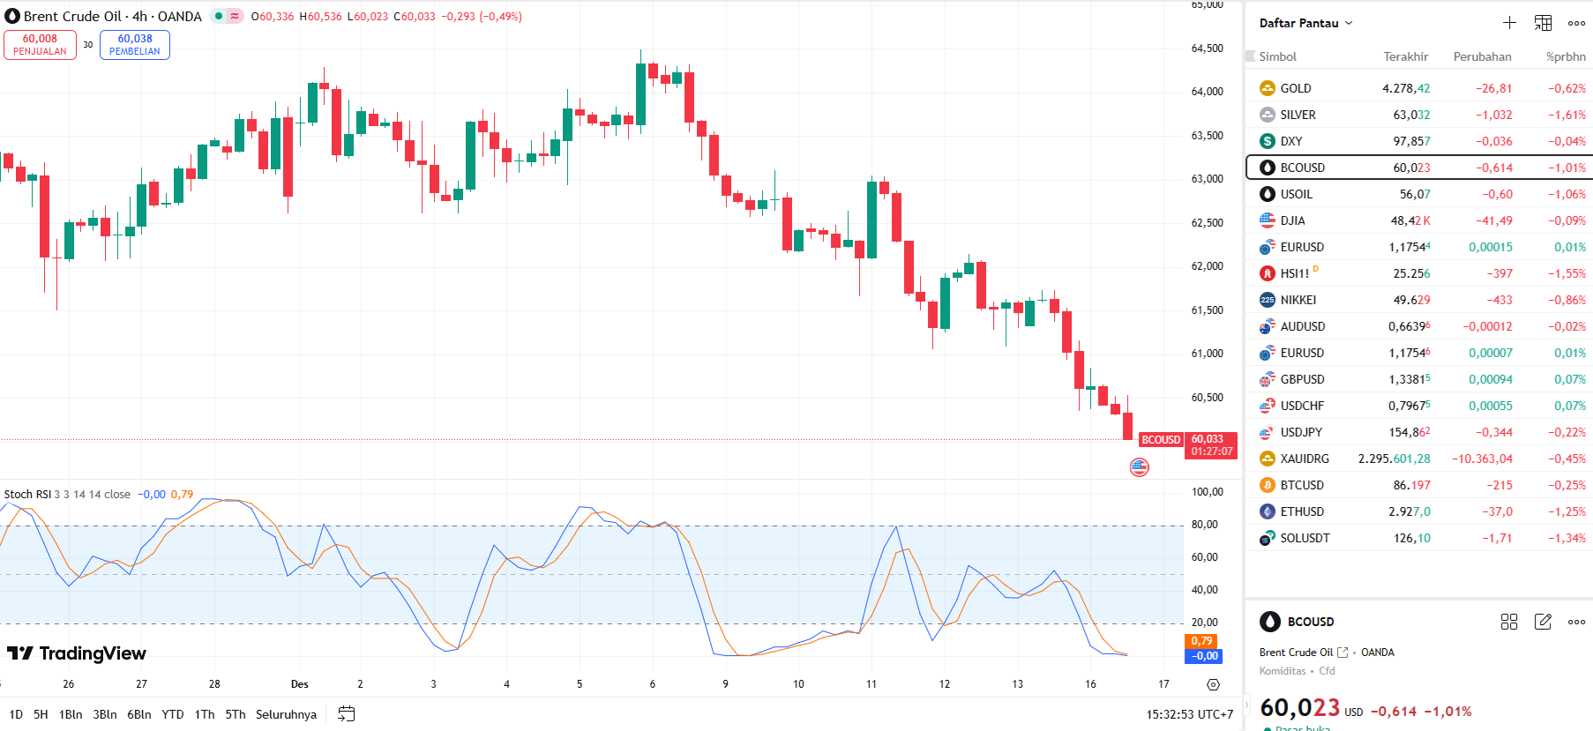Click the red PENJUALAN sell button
[40, 45]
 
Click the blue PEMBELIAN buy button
[135, 45]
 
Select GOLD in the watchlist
[1295, 88]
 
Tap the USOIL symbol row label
[1296, 194]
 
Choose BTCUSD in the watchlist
[1301, 485]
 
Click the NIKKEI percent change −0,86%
[1566, 300]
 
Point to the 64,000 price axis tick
[1207, 92]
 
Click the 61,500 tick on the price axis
[1207, 310]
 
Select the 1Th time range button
[205, 714]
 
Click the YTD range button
[173, 714]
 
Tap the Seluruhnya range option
[286, 714]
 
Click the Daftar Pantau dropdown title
[1305, 23]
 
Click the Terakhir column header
[1405, 56]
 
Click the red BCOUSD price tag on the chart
[1161, 440]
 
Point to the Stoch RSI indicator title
[27, 495]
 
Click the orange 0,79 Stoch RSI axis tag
[1201, 641]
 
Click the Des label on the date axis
[300, 684]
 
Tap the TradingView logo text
[92, 653]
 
